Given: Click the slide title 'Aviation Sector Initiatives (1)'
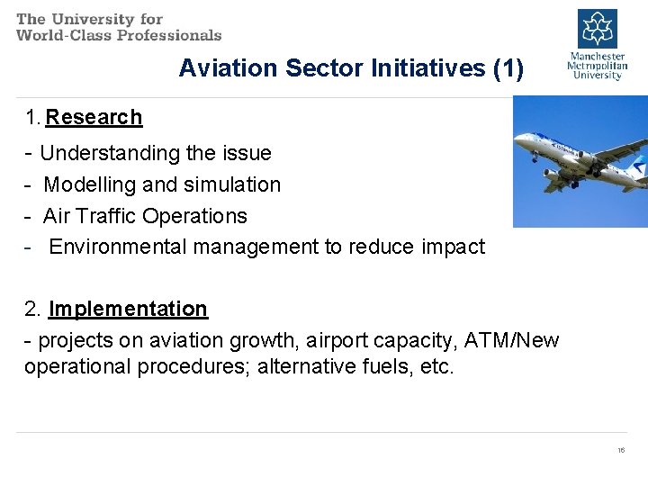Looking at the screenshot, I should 350,68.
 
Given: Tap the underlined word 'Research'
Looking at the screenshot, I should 94,117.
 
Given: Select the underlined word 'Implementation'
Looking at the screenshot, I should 128,309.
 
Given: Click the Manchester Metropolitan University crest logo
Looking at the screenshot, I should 597,29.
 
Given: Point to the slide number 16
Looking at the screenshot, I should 621,450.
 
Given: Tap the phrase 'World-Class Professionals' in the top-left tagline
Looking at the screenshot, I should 119,35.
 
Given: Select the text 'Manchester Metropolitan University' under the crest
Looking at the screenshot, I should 597,66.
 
